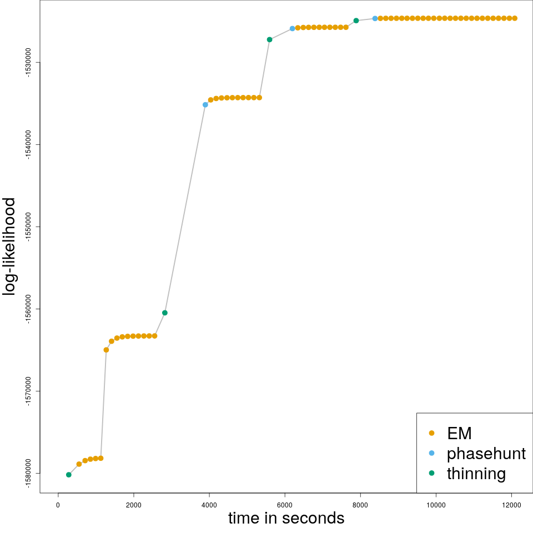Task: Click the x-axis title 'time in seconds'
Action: [x=286, y=518]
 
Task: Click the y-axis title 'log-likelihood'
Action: [x=10, y=247]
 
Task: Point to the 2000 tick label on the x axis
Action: [x=133, y=505]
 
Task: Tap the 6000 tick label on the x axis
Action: [x=285, y=505]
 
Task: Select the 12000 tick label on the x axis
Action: [x=511, y=505]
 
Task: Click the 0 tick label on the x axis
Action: [x=58, y=505]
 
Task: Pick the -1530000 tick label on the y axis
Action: [x=28, y=62]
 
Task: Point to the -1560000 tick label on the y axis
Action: [x=28, y=309]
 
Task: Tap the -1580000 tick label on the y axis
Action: [x=28, y=473]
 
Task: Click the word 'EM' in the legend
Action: [x=459, y=433]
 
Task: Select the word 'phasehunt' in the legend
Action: [x=486, y=454]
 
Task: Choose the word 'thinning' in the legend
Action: [x=476, y=474]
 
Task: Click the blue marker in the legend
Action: [x=432, y=453]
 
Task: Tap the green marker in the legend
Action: [x=432, y=473]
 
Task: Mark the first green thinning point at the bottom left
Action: [x=69, y=475]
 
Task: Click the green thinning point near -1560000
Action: [x=165, y=313]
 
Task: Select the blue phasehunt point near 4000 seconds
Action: [x=205, y=104]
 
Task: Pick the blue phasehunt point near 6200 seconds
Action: [x=292, y=28]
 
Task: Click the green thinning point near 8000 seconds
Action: [x=356, y=21]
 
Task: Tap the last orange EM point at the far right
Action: [x=515, y=18]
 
